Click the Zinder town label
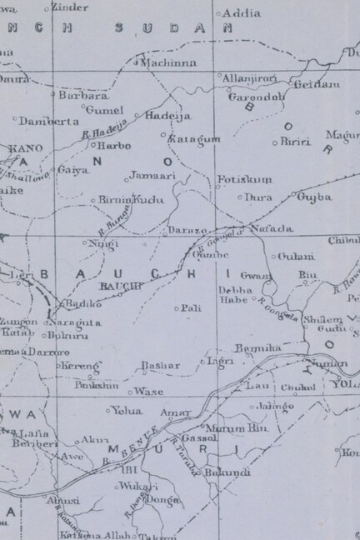point(69,7)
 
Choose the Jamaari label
point(152,177)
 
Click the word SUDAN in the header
point(159,27)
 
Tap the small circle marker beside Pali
point(176,308)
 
